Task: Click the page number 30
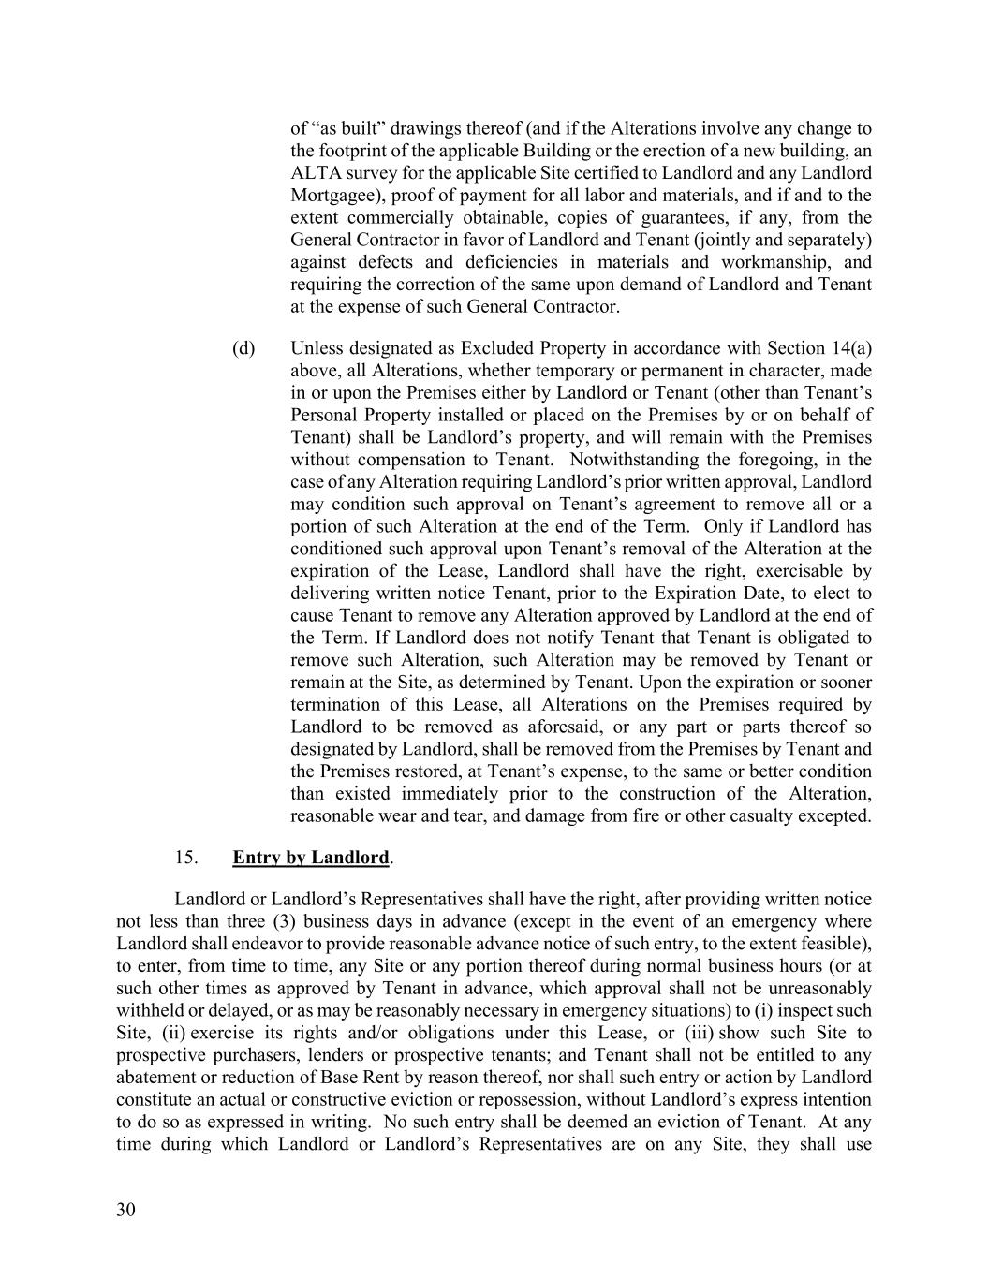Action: click(x=125, y=1210)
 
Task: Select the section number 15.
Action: click(x=184, y=857)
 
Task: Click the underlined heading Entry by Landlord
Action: click(x=310, y=857)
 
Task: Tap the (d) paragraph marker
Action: click(x=243, y=348)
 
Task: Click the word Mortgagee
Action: click(x=335, y=196)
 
